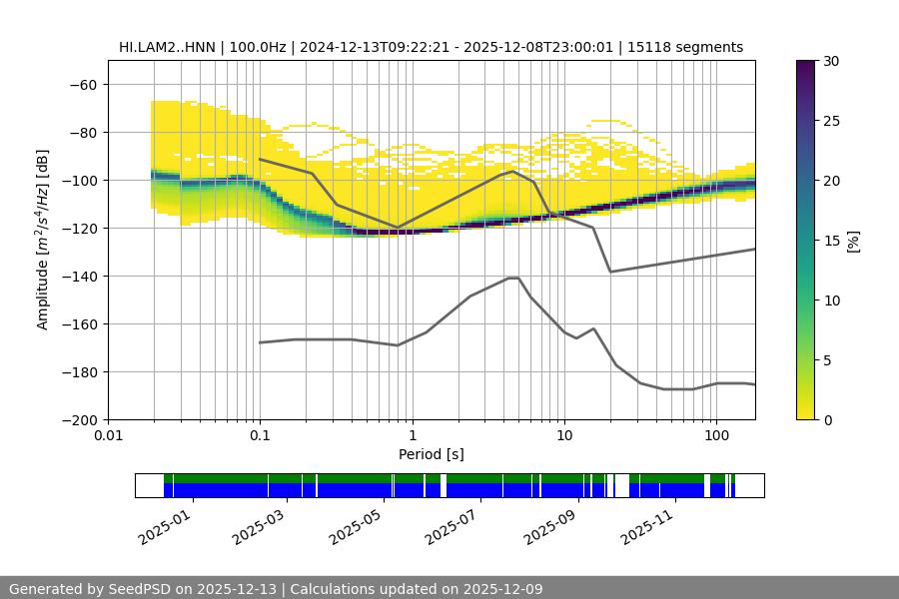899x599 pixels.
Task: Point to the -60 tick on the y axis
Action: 83,85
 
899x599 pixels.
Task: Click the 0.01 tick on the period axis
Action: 108,436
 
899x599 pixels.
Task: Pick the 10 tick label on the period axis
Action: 564,436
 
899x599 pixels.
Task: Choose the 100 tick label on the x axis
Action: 716,436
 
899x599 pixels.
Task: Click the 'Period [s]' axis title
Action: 432,455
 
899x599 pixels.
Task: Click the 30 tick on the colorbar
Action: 831,61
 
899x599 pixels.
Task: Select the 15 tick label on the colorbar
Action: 831,241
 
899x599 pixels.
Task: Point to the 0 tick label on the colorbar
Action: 827,420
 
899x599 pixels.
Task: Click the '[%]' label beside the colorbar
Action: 852,241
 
